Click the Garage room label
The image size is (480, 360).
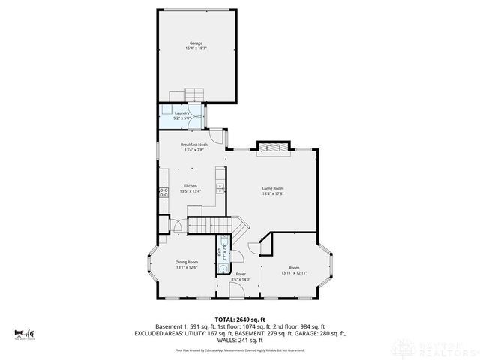pyautogui.click(x=196, y=43)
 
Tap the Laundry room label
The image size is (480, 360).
pyautogui.click(x=182, y=112)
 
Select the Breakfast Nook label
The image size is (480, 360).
pyautogui.click(x=193, y=144)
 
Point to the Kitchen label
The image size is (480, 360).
pyautogui.click(x=190, y=186)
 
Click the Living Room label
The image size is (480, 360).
pyautogui.click(x=272, y=188)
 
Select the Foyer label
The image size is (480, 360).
pyautogui.click(x=241, y=274)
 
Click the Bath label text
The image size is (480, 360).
pyautogui.click(x=219, y=251)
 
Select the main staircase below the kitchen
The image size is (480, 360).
pyautogui.click(x=214, y=225)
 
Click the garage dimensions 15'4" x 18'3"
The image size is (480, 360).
pyautogui.click(x=196, y=49)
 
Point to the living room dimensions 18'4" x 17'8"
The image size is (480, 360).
pyautogui.click(x=272, y=193)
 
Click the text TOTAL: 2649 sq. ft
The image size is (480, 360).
pyautogui.click(x=239, y=319)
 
